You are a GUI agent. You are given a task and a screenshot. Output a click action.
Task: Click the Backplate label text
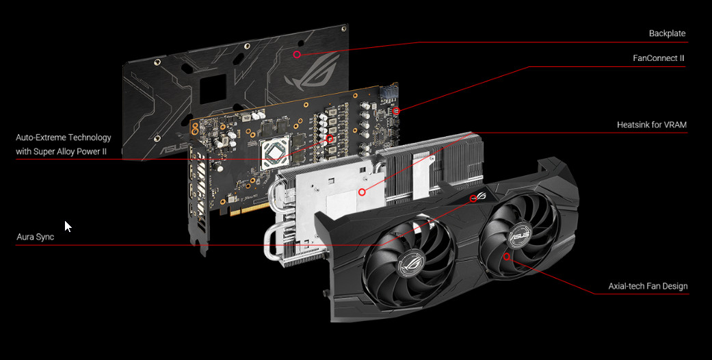pos(667,34)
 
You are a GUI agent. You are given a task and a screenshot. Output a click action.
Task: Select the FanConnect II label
pos(659,58)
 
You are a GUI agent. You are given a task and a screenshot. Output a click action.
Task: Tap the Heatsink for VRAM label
pos(652,125)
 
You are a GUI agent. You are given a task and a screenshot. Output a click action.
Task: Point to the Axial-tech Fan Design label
pos(648,286)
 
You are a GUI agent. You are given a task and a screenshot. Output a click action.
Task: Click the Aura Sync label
pos(36,237)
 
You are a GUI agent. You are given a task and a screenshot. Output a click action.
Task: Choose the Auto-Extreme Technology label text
pos(64,138)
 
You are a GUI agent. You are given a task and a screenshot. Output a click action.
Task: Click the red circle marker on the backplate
pos(297,55)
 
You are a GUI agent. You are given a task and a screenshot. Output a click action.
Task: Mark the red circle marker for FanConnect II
pos(396,111)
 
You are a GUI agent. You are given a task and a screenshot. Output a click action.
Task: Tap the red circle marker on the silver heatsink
pos(362,192)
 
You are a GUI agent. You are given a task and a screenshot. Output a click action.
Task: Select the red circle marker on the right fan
pos(507,257)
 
